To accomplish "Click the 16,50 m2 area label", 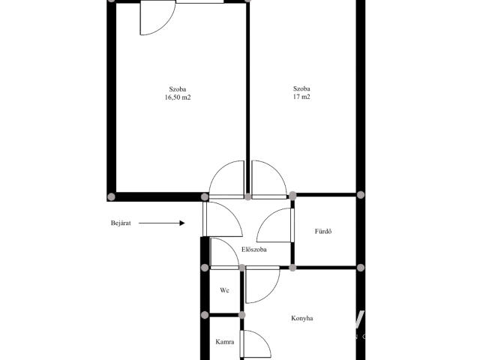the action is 178,97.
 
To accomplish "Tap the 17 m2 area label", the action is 301,97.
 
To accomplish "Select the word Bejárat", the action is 121,223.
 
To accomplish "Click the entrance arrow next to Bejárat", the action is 162,223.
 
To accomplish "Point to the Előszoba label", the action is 254,250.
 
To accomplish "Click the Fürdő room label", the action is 323,231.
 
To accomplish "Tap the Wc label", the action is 224,290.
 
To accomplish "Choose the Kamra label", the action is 225,342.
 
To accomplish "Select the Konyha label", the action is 301,318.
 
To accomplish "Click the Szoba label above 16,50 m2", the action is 178,89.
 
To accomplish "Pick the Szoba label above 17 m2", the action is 301,88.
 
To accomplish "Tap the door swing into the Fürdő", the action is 265,217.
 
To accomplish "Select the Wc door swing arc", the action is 231,246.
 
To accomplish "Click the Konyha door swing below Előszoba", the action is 271,292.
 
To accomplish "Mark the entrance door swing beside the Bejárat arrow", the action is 233,214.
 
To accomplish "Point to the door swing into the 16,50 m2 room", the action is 218,172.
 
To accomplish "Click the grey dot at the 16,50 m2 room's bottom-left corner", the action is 112,196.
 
